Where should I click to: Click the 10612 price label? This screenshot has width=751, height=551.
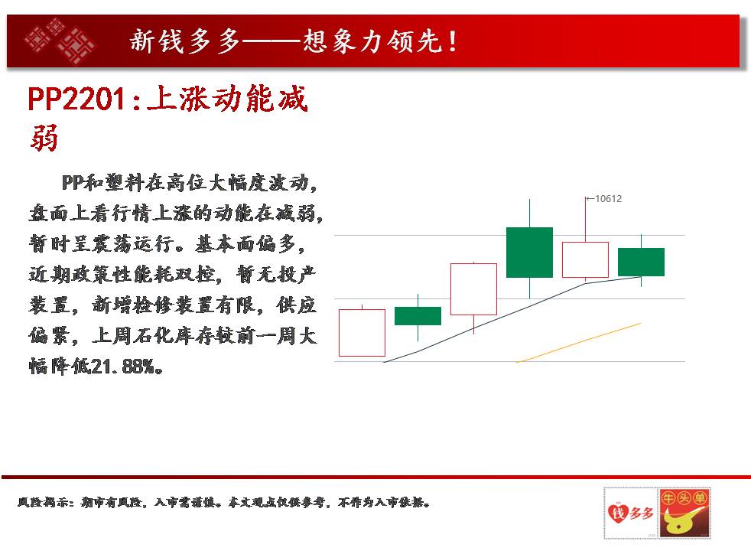pos(608,198)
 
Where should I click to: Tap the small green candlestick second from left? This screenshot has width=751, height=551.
pos(418,316)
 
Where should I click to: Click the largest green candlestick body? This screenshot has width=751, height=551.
pos(529,253)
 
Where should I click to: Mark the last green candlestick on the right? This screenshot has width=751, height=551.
pos(641,262)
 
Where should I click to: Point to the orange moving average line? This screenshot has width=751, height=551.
pos(579,343)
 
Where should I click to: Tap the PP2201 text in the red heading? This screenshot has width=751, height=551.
pos(77,99)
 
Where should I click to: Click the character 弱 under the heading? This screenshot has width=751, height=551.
pos(44,138)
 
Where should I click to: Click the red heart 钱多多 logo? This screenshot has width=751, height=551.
pos(630,513)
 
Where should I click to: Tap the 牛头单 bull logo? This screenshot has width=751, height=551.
pos(684,513)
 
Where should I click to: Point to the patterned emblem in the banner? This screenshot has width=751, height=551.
pos(60,41)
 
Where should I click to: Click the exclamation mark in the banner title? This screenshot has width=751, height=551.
pos(453,41)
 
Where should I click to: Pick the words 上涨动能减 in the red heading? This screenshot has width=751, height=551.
pos(227,99)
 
